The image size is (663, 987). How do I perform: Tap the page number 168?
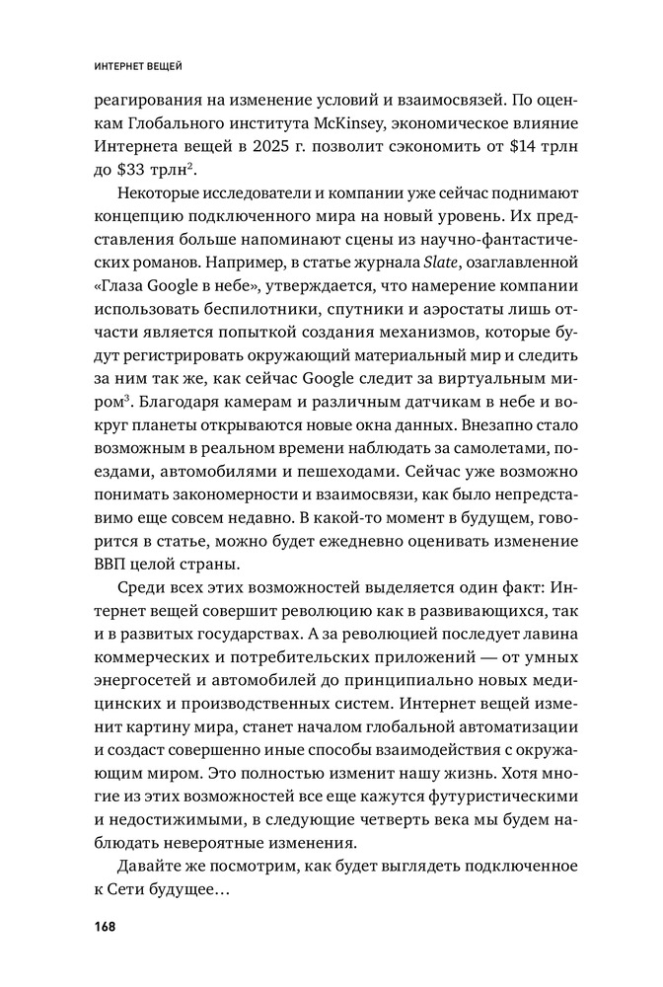pos(106,926)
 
